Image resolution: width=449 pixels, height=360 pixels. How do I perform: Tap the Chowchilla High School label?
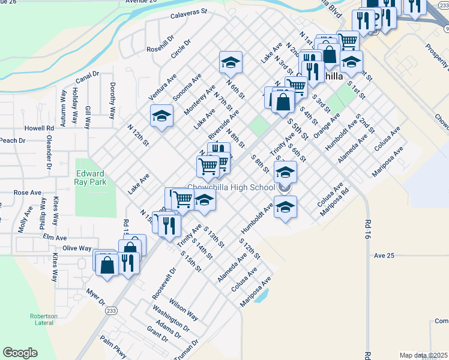[232, 188]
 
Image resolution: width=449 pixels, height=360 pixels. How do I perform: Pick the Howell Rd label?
[40, 128]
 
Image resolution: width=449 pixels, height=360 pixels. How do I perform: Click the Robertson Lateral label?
[44, 319]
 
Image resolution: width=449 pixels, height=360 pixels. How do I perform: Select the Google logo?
[20, 353]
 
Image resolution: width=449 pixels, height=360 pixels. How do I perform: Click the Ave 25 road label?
[384, 256]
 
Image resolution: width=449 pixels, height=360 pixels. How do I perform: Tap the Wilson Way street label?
[184, 307]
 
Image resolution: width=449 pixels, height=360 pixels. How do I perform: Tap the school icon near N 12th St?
[161, 116]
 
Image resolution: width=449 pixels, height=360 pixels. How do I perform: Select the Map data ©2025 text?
[423, 355]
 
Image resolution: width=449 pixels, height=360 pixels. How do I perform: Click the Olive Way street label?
[77, 248]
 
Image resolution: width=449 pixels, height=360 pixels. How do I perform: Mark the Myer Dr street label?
[95, 298]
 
